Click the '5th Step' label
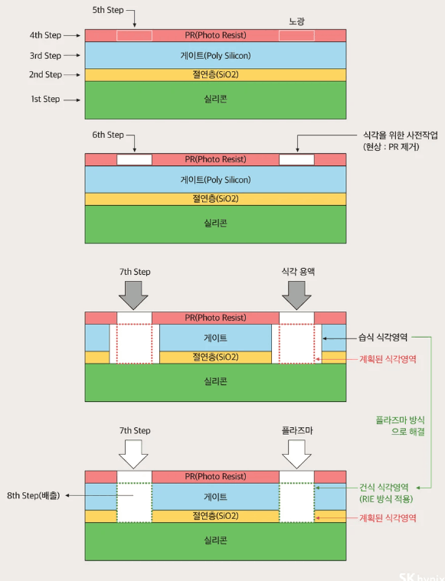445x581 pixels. pyautogui.click(x=108, y=10)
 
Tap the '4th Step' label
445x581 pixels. pyautogui.click(x=45, y=35)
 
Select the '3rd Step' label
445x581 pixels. pyautogui.click(x=45, y=56)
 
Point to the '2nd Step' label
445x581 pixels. pyautogui.click(x=45, y=74)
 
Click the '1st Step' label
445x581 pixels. pyautogui.click(x=45, y=99)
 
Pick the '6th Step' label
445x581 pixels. pyautogui.click(x=108, y=135)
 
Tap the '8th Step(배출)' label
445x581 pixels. pyautogui.click(x=34, y=495)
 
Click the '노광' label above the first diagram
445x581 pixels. pyautogui.click(x=296, y=21)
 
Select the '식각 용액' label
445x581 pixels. pyautogui.click(x=298, y=272)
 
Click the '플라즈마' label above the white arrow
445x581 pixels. pyautogui.click(x=297, y=430)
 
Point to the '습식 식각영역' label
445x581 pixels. pyautogui.click(x=383, y=337)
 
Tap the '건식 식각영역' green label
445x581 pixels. pyautogui.click(x=384, y=488)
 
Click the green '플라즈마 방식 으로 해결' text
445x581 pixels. pyautogui.click(x=401, y=426)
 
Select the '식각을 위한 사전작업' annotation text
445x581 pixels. pyautogui.click(x=401, y=135)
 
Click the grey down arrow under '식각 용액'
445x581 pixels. pyautogui.click(x=296, y=295)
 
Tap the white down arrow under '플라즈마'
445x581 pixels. pyautogui.click(x=296, y=454)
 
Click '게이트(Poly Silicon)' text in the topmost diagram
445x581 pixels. pyautogui.click(x=215, y=56)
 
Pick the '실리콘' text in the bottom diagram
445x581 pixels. pyautogui.click(x=215, y=540)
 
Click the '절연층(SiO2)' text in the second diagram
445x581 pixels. pyautogui.click(x=215, y=198)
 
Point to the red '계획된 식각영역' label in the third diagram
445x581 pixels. pyautogui.click(x=388, y=359)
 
